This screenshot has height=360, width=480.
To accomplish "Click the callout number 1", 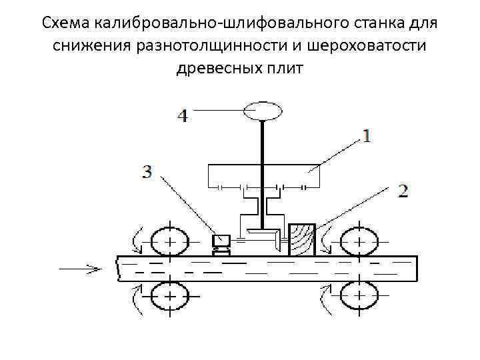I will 367,136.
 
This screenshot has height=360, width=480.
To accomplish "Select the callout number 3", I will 147,172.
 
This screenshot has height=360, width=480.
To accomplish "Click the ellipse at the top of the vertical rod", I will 264,109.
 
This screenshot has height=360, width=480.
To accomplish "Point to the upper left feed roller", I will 169,241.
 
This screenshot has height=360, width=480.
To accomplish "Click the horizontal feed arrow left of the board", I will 79,269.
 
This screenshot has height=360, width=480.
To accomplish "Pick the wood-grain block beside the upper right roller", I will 302,239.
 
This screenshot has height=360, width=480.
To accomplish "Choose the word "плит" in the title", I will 285,68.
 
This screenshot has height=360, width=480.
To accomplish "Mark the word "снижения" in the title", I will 85,46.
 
